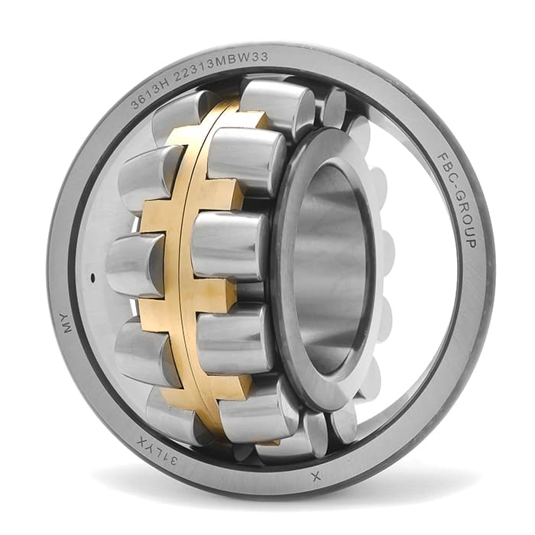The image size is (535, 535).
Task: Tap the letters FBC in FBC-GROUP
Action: pos(448,171)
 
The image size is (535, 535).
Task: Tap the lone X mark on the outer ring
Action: pos(316,476)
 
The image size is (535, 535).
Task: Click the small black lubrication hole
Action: pos(92,277)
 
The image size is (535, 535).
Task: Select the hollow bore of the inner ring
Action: pos(329,270)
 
